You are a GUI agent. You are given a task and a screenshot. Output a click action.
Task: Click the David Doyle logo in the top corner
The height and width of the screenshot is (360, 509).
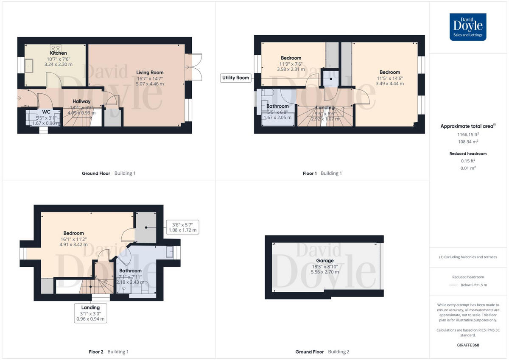coord(468,27)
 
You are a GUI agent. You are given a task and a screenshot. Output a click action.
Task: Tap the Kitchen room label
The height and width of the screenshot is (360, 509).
coord(59,53)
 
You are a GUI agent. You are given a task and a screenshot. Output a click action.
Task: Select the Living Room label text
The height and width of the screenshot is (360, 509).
coord(150,73)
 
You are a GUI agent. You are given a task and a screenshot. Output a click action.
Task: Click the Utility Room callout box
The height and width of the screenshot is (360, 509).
coord(236,78)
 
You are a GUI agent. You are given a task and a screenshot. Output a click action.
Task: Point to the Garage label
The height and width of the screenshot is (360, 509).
coord(325,261)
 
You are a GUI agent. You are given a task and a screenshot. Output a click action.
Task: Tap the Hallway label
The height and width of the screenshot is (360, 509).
coord(81,101)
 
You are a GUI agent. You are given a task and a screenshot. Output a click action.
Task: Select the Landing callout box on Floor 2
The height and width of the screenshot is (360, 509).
coord(90,313)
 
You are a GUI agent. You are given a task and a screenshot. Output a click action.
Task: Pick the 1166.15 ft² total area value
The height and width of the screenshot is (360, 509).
coord(468,134)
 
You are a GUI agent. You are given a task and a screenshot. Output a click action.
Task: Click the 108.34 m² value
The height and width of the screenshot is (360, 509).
coord(468,142)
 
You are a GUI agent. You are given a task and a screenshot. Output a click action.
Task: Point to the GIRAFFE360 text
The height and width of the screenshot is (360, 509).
coord(467,345)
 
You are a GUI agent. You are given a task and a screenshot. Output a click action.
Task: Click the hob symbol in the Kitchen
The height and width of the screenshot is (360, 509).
coord(56,48)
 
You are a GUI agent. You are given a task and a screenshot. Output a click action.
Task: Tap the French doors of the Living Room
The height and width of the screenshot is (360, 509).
coord(196,67)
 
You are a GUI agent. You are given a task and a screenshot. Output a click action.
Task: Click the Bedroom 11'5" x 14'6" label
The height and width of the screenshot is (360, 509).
coord(389,73)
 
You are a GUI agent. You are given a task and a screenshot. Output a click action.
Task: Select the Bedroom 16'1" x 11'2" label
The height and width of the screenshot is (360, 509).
coord(73,233)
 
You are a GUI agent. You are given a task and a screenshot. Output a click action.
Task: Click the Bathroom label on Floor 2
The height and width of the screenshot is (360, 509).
coord(130,271)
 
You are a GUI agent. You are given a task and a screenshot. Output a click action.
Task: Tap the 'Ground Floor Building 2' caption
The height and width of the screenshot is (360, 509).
coord(322,352)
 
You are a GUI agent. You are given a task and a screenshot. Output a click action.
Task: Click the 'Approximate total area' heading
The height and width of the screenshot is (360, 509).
coord(467,126)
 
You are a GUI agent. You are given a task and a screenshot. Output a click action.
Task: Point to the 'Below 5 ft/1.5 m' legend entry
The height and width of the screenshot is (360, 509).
coord(474,285)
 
